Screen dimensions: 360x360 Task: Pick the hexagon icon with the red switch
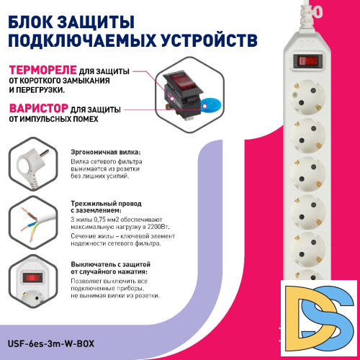[32, 283]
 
